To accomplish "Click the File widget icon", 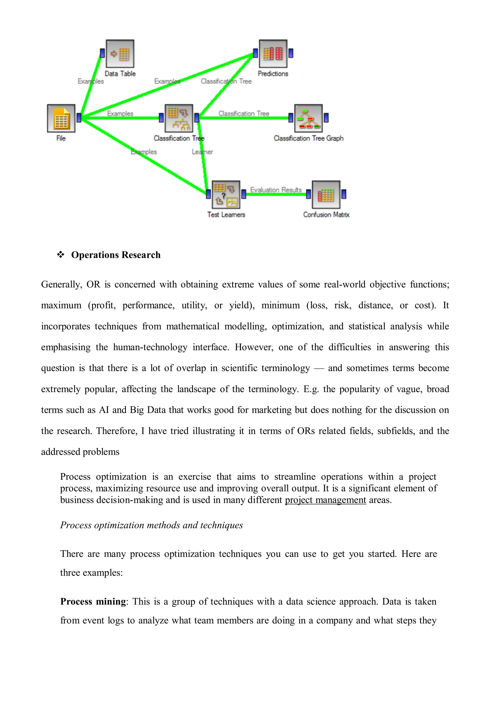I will (61, 118).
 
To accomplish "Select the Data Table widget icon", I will (120, 54).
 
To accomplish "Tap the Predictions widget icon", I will (273, 54).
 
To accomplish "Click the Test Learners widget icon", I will (226, 194).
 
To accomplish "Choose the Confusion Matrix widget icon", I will (326, 194).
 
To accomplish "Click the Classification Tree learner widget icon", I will (179, 118).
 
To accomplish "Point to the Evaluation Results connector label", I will (276, 190).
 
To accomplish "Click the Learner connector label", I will (202, 152).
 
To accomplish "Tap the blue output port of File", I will (79, 118).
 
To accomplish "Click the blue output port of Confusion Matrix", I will (344, 194).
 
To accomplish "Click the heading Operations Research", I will (116, 255).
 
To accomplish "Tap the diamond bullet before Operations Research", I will (61, 255).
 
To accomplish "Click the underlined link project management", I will (325, 500).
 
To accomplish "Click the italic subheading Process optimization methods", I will (151, 525).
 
